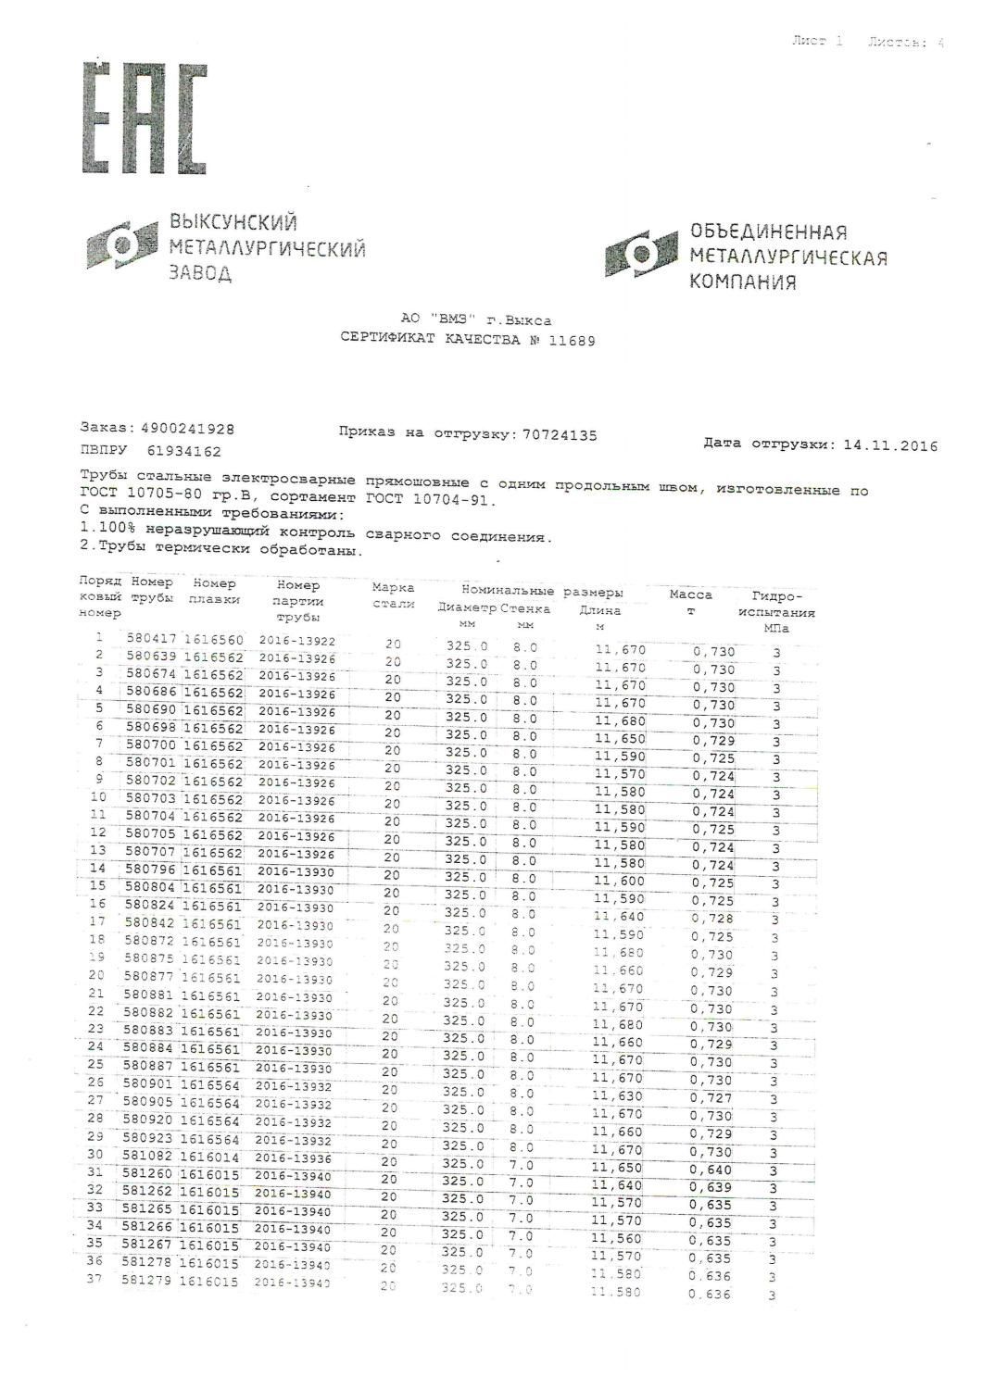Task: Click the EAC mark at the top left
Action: point(144,118)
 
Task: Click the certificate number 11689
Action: point(573,340)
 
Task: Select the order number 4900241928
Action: point(187,430)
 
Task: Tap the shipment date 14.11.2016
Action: point(890,445)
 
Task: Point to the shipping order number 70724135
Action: point(560,433)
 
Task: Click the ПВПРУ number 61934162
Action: point(184,452)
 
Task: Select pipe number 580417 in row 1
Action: point(151,639)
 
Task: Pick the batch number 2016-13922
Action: point(296,641)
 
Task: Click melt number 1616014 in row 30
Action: point(209,1157)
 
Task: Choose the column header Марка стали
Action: point(393,595)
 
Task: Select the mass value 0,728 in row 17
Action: point(712,919)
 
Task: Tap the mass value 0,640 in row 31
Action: point(711,1170)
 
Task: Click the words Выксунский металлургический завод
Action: point(266,248)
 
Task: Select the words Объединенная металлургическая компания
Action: point(787,257)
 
